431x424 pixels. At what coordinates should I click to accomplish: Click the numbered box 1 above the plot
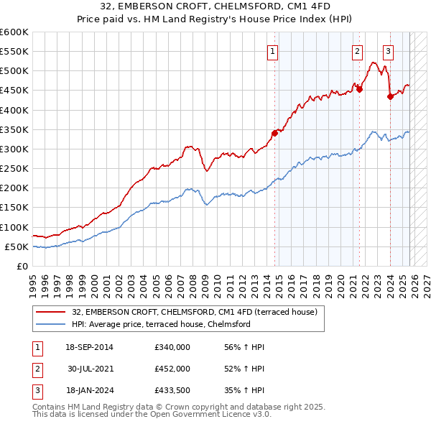click(274, 51)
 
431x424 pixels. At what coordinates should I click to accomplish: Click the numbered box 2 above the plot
click(357, 51)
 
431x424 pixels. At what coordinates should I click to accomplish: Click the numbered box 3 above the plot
click(389, 51)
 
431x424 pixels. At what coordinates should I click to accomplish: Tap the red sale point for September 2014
click(274, 133)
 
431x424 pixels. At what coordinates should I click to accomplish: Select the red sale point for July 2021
click(360, 89)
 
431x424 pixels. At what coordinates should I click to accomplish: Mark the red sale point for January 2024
click(390, 96)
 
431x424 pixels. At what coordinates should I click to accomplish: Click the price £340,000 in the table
click(172, 347)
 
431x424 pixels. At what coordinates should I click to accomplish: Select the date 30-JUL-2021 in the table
click(91, 369)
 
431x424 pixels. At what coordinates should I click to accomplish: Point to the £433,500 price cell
click(172, 390)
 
